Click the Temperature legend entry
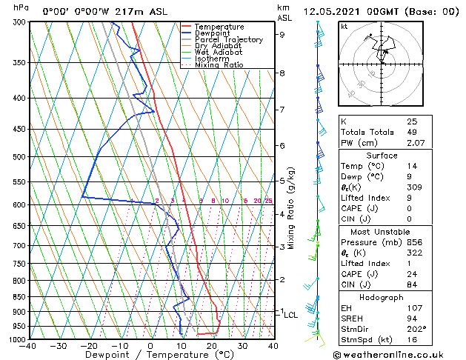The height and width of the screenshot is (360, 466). tap(219, 27)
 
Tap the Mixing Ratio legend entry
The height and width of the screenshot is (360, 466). tap(219, 65)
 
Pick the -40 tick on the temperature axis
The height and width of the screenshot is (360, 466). tap(29, 346)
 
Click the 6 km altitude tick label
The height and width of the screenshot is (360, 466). tap(282, 146)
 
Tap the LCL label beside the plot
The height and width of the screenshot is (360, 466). tap(291, 315)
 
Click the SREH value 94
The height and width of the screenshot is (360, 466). tap(413, 318)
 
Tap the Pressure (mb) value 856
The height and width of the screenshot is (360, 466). tap(415, 241)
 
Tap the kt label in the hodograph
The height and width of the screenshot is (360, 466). tap(344, 26)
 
